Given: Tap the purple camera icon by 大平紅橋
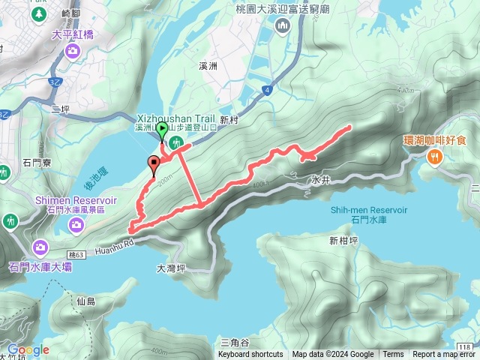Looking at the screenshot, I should [73, 50].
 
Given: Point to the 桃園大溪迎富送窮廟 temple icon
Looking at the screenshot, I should [283, 28].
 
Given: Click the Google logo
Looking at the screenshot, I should [28, 349].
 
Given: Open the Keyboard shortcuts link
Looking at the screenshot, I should [250, 355].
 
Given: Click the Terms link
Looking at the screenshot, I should [393, 355].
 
